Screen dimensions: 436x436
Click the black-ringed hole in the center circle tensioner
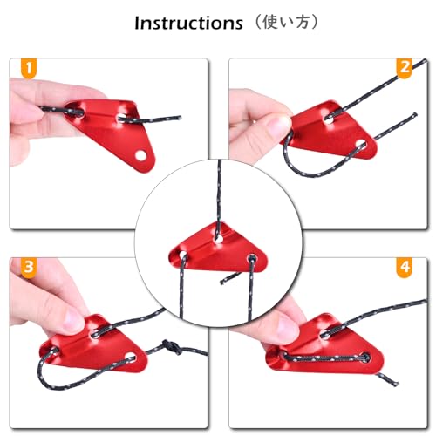[x=252, y=258]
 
